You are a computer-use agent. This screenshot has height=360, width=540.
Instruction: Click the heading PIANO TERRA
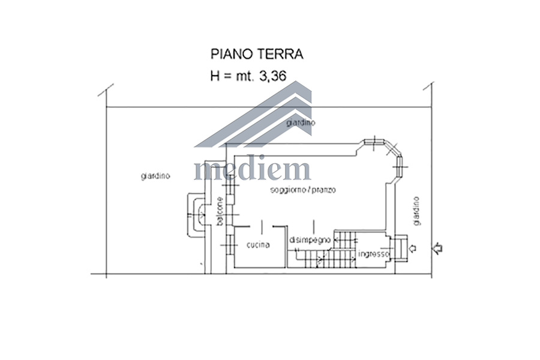[257, 55]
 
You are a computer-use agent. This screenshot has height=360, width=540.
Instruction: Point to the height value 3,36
[272, 76]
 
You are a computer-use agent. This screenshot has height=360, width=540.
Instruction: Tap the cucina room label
[258, 245]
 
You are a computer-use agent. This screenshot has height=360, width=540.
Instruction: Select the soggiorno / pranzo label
[303, 190]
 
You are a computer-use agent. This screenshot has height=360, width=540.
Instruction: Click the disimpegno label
[310, 240]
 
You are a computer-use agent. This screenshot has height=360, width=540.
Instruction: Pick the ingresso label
[374, 254]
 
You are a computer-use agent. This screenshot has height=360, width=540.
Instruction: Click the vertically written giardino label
[417, 211]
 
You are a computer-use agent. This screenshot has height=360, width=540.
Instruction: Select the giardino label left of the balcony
[155, 176]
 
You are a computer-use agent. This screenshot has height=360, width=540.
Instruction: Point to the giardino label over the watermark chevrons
[301, 122]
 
